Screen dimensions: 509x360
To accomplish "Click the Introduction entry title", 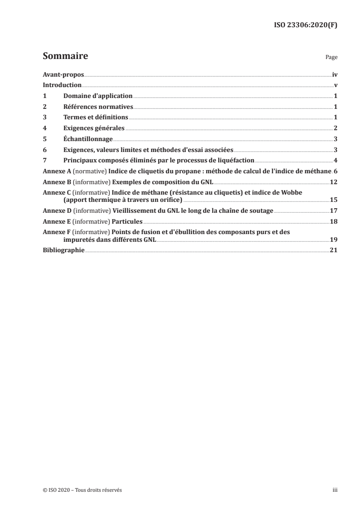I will pyautogui.click(x=62, y=85).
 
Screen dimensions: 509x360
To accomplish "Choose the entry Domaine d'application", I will pyautogui.click(x=98, y=96).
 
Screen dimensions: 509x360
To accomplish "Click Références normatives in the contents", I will pyautogui.click(x=98, y=107).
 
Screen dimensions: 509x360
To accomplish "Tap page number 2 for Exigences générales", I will pyautogui.click(x=335, y=128).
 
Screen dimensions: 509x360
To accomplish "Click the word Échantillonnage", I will pyautogui.click(x=88, y=139).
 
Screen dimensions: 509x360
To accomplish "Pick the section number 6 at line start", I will pyautogui.click(x=44, y=150).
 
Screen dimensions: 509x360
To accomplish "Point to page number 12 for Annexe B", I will pyautogui.click(x=333, y=181).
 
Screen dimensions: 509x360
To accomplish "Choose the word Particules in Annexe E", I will pyautogui.click(x=127, y=222).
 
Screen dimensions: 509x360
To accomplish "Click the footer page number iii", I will pyautogui.click(x=335, y=490).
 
